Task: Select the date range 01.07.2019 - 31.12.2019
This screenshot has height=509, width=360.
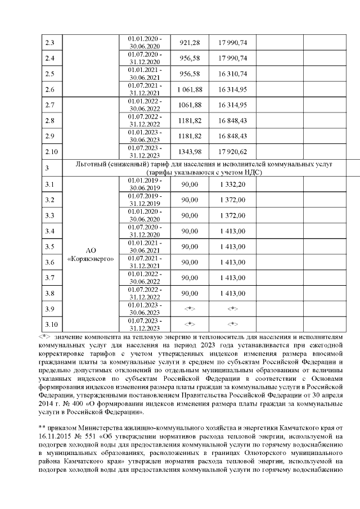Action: coord(146,200)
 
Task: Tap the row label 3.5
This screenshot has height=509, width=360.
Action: coord(50,246)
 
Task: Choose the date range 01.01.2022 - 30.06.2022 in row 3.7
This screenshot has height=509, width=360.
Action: coord(146,277)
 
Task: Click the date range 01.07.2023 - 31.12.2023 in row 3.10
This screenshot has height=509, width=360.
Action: coord(146,324)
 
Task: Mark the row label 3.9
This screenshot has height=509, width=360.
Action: coord(50,308)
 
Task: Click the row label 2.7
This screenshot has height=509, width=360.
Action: coord(50,105)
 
